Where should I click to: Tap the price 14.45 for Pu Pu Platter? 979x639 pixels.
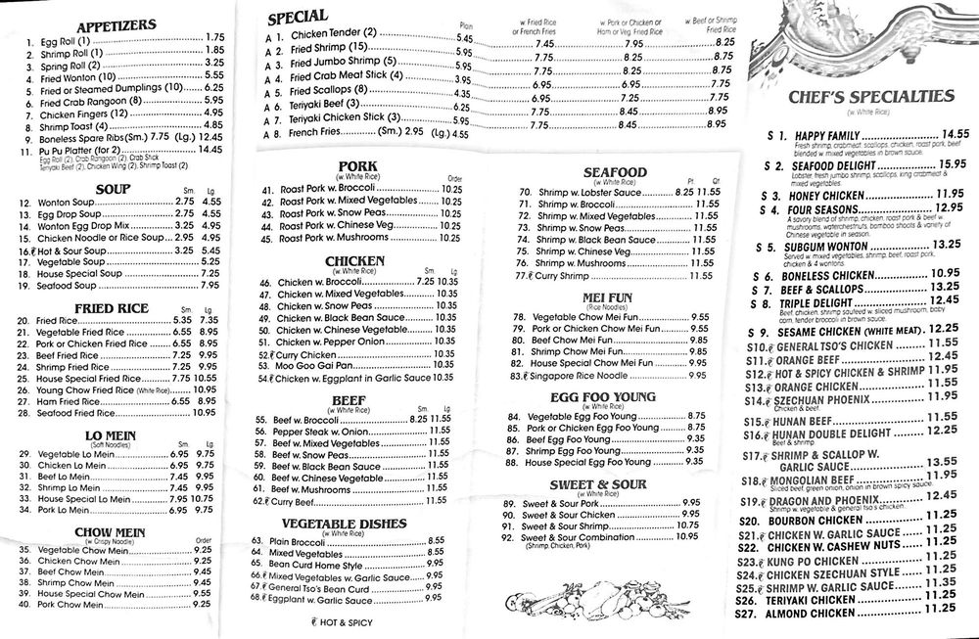pos(211,150)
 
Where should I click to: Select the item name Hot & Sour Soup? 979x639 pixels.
pos(68,251)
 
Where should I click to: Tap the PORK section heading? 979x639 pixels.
pos(358,165)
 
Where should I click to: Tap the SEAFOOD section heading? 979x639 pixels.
pos(613,172)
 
